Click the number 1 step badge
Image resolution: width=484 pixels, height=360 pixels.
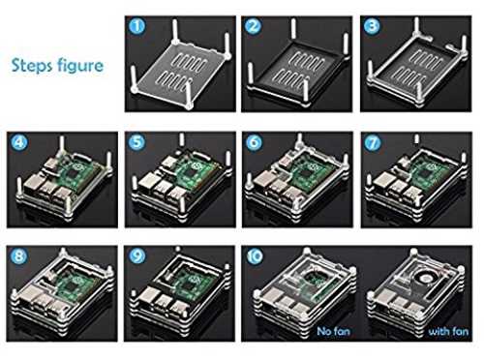pos(137,26)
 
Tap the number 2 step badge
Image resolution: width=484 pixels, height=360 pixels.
pos(253,26)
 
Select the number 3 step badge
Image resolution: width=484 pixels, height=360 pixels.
pos(372,26)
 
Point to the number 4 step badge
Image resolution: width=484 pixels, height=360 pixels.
pos(18,142)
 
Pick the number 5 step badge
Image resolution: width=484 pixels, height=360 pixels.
pos(136,142)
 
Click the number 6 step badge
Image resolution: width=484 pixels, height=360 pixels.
pos(254,142)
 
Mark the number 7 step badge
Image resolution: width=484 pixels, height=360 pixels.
pos(373,142)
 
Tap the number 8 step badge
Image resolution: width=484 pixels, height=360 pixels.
pos(18,256)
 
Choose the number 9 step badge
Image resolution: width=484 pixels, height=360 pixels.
pos(137,256)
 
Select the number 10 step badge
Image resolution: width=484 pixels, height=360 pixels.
pos(255,256)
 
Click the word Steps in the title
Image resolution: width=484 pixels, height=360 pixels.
pos(32,66)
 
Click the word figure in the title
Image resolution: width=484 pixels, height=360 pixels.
pos(79,66)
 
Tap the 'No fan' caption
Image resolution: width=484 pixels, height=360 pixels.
pos(333,331)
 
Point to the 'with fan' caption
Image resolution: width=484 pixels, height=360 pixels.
pos(448,331)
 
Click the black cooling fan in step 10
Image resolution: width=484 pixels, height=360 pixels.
pos(425,276)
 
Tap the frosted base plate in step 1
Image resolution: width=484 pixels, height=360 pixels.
pos(181,71)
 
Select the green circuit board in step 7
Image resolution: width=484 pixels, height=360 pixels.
pos(429,172)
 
